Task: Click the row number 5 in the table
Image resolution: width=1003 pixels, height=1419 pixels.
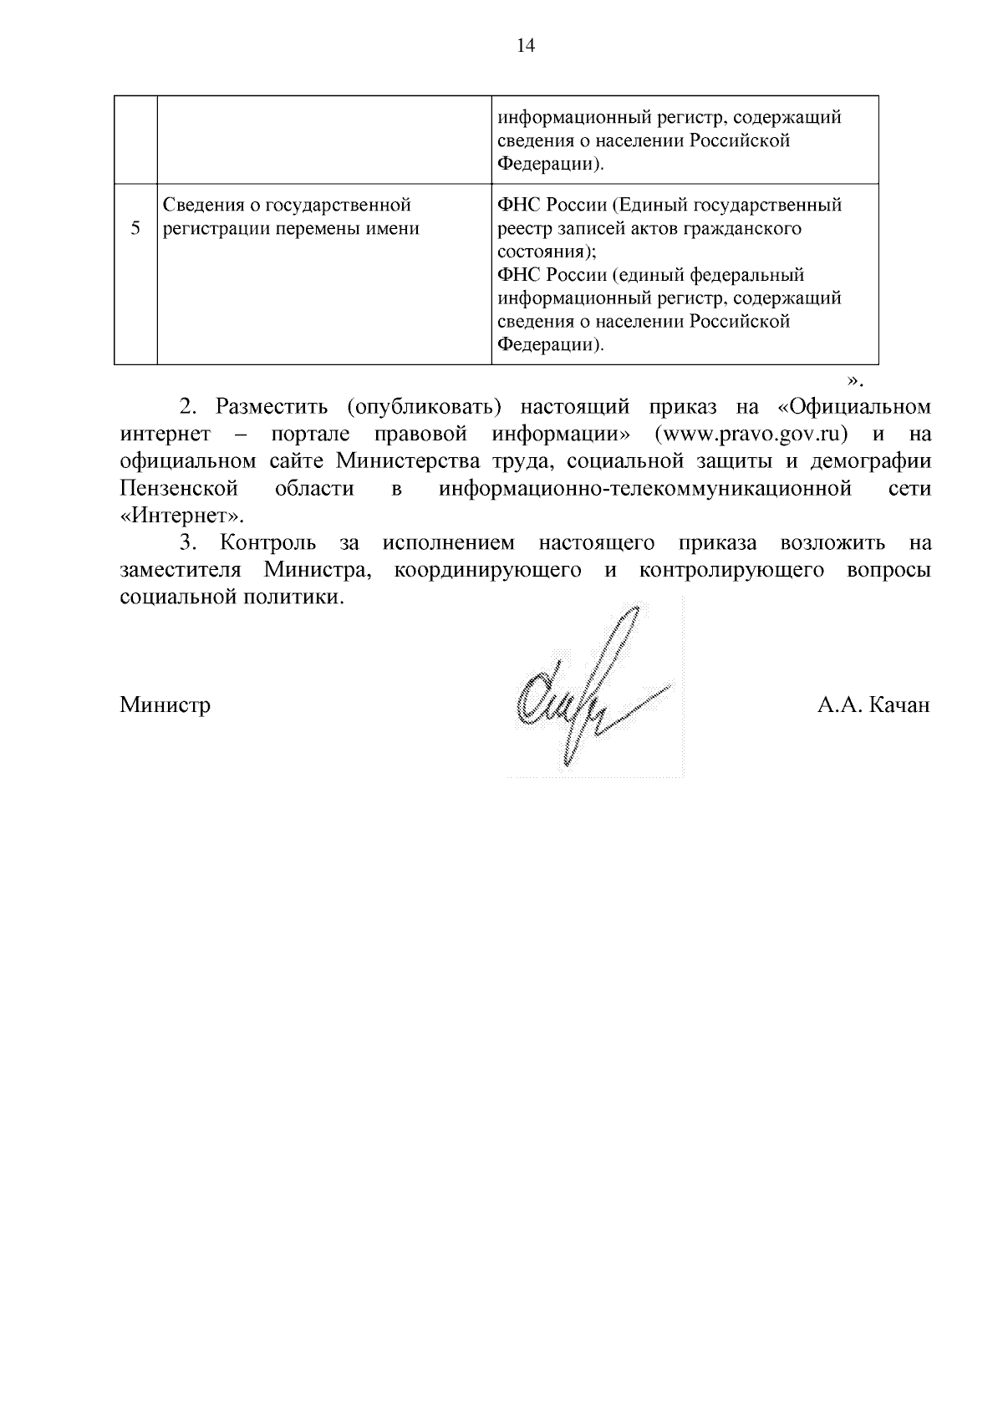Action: coord(135,229)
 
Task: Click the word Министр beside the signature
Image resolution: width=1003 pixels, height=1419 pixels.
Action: coord(165,705)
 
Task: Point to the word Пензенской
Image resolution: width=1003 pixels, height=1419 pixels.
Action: coord(179,488)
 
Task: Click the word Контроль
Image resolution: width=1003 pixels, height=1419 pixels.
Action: coord(268,543)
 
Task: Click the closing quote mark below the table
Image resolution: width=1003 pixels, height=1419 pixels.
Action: coord(853,381)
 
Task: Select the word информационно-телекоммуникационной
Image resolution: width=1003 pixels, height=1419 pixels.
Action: coord(645,488)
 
